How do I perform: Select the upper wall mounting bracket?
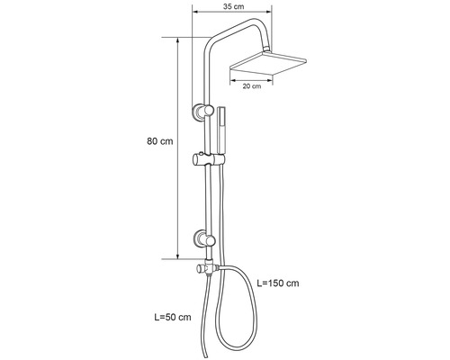coord(199,112)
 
